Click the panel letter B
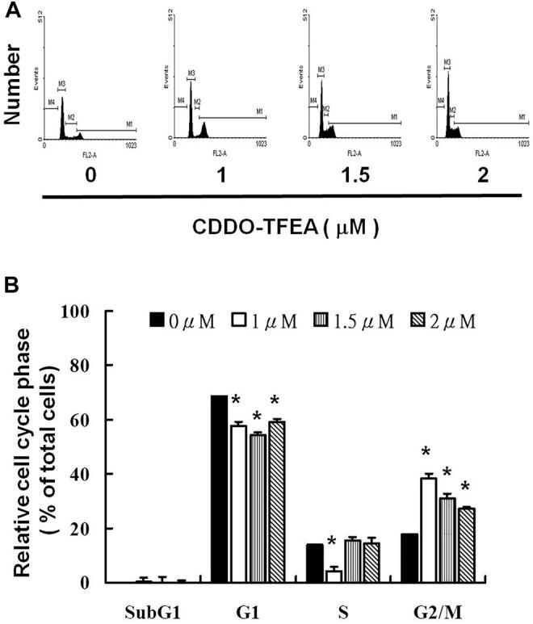tap(12, 284)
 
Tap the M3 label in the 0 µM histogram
tap(61, 83)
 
